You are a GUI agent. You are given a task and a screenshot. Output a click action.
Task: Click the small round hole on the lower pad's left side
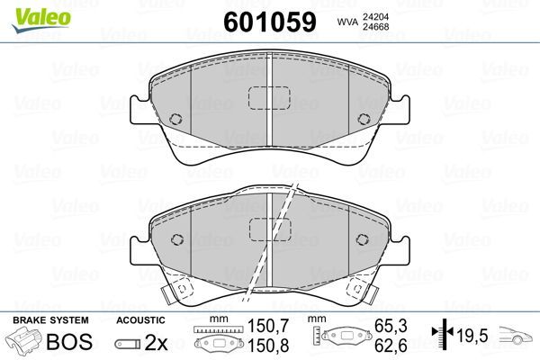tap(177, 239)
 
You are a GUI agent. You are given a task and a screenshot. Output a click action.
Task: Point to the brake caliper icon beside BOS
tap(24, 343)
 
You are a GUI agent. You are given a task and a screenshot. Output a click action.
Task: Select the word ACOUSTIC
tap(142, 320)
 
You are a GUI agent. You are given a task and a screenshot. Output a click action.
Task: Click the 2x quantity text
tap(155, 343)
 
